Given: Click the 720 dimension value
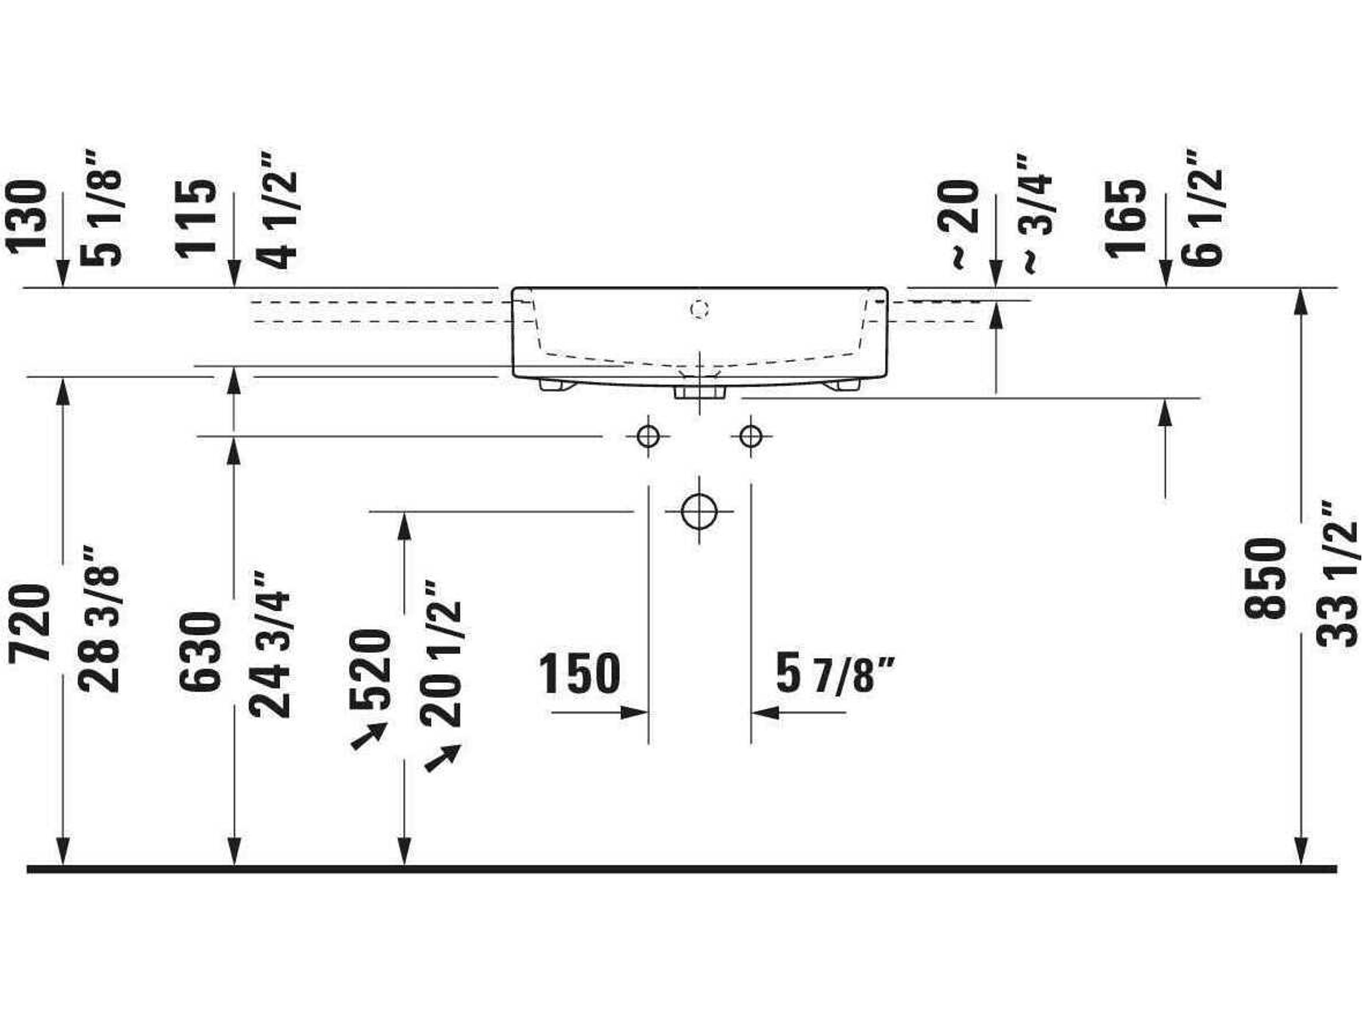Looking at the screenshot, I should click(29, 624).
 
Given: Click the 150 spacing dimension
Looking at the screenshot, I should click(580, 674).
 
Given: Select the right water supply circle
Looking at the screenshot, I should click(751, 437).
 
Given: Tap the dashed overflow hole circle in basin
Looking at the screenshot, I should click(699, 309).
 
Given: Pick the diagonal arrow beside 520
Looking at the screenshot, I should click(368, 736).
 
